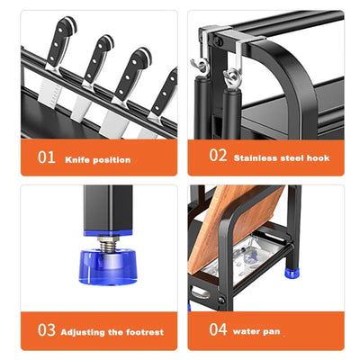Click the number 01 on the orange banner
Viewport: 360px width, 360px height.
pos(46,157)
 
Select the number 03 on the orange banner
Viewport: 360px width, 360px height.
pos(46,331)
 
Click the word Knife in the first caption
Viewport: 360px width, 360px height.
pos(77,159)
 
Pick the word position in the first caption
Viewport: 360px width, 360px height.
pos(112,160)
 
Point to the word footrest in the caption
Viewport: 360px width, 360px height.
pos(144,332)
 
